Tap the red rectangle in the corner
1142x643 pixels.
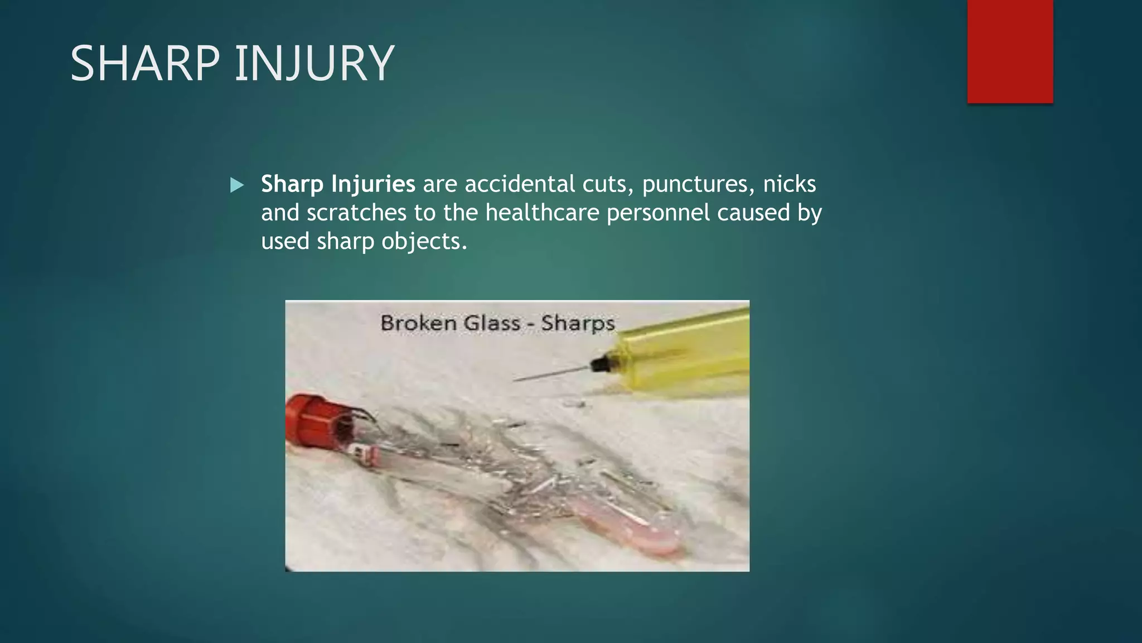(x=1010, y=51)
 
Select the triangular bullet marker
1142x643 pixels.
(x=237, y=185)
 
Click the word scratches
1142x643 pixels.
(x=356, y=213)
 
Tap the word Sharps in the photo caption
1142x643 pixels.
(x=578, y=323)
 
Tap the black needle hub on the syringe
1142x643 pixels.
(x=599, y=364)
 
